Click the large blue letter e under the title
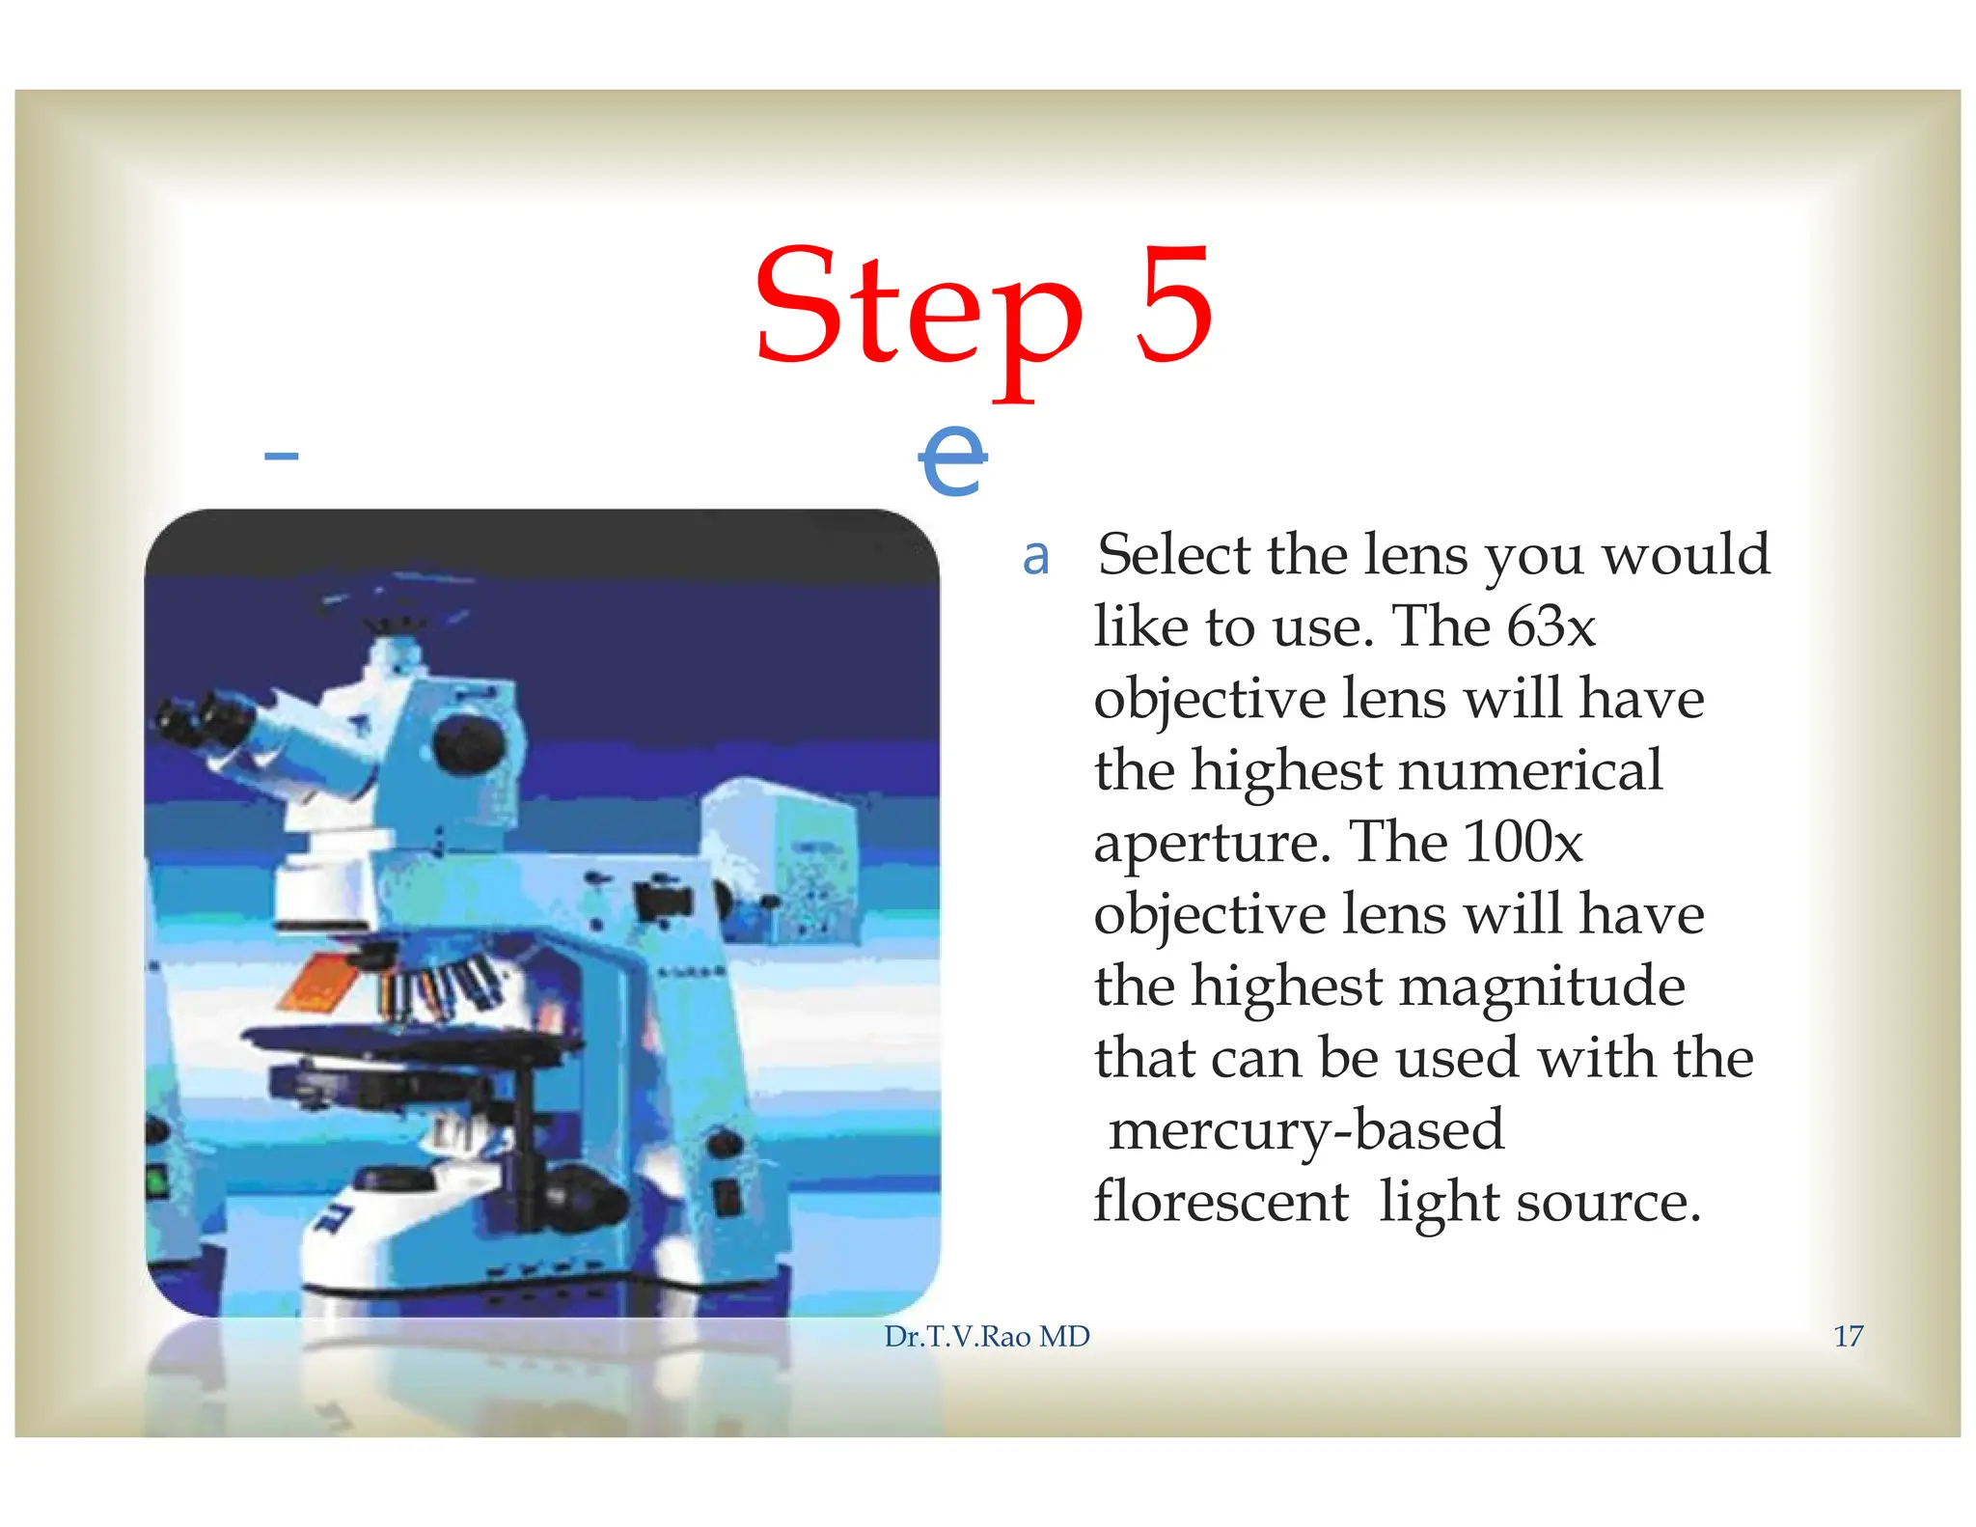click(x=952, y=460)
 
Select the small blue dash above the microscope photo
click(x=281, y=456)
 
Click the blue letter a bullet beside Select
click(x=1035, y=557)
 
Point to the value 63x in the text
click(x=1551, y=626)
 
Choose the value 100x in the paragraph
click(x=1523, y=842)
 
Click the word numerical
click(x=1530, y=770)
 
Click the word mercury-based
click(x=1306, y=1130)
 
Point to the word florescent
click(x=1221, y=1202)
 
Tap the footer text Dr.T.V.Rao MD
click(x=986, y=1336)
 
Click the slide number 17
click(x=1848, y=1336)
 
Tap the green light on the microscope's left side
click(x=155, y=1180)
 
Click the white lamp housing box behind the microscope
click(x=782, y=859)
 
